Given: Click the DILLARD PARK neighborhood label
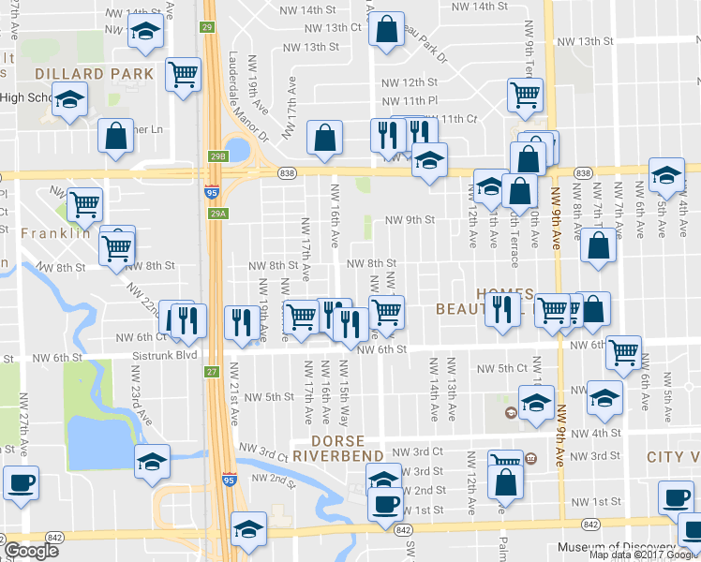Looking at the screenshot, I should pyautogui.click(x=93, y=73).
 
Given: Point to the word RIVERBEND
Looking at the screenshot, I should pyautogui.click(x=337, y=456).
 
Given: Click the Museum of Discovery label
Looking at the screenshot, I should pyautogui.click(x=616, y=548).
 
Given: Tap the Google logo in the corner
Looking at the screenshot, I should pyautogui.click(x=31, y=550).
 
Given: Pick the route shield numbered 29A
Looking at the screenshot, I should pyautogui.click(x=217, y=214).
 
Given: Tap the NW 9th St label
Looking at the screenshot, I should pyautogui.click(x=411, y=221).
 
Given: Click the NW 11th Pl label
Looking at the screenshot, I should pyautogui.click(x=410, y=100).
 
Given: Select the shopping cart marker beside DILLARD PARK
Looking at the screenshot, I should pyautogui.click(x=184, y=73).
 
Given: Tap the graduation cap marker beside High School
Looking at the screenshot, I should pyautogui.click(x=68, y=100).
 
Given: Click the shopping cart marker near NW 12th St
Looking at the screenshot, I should pyautogui.click(x=525, y=93).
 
